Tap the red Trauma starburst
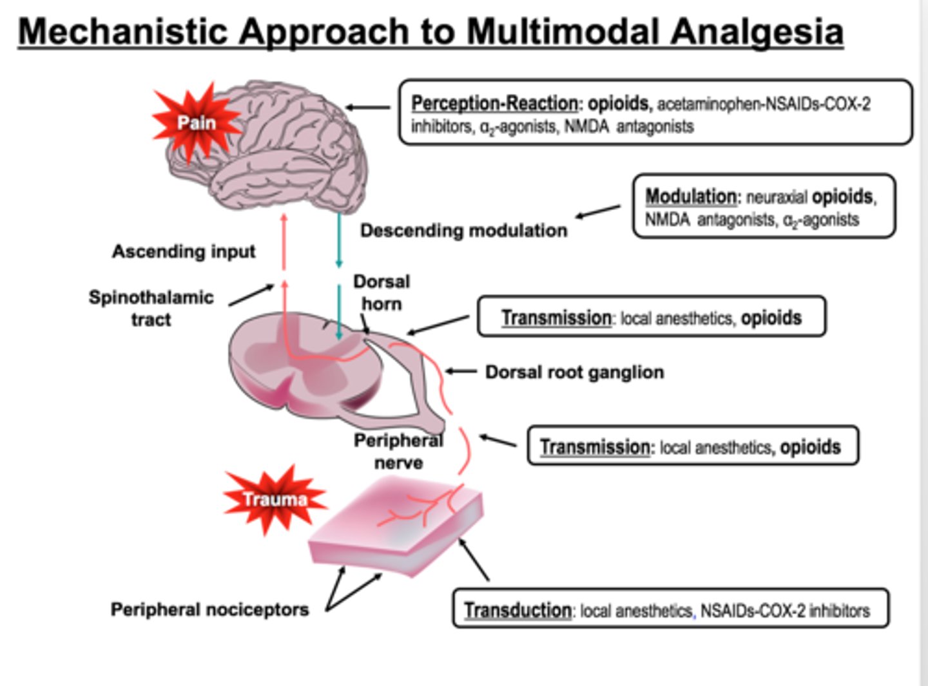pos(275,499)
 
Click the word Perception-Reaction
pos(494,103)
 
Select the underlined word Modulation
pos(690,196)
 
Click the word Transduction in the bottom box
pos(517,610)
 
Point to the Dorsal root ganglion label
pos(574,372)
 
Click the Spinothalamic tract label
pos(151,308)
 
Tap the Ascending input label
pos(184,251)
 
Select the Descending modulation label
pos(463,230)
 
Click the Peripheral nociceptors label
pos(209,609)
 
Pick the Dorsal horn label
pos(382,292)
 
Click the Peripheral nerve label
pos(398,451)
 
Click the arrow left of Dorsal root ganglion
pos(460,372)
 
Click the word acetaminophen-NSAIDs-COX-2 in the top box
pos(764,104)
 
